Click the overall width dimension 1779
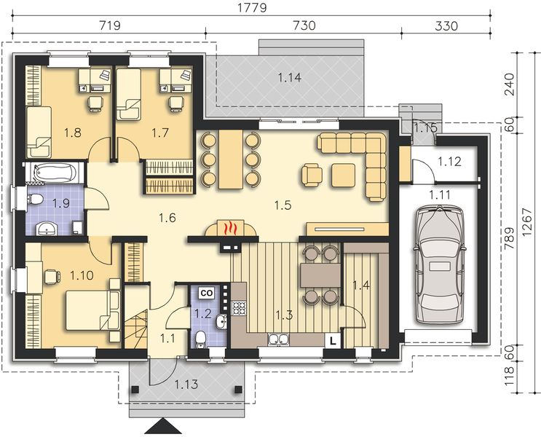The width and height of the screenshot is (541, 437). pyautogui.click(x=250, y=9)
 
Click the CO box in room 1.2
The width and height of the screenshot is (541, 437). pyautogui.click(x=206, y=293)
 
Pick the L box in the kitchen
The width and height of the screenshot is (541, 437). pyautogui.click(x=332, y=339)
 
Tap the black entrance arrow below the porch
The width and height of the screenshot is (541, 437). pyautogui.click(x=160, y=428)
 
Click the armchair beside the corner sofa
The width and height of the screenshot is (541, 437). pyautogui.click(x=312, y=174)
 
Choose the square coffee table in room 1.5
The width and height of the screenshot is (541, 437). pyautogui.click(x=343, y=174)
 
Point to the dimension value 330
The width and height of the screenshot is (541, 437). pyautogui.click(x=445, y=26)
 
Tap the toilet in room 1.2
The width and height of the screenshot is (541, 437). pyautogui.click(x=200, y=336)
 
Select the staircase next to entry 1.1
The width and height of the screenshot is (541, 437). pyautogui.click(x=137, y=326)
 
